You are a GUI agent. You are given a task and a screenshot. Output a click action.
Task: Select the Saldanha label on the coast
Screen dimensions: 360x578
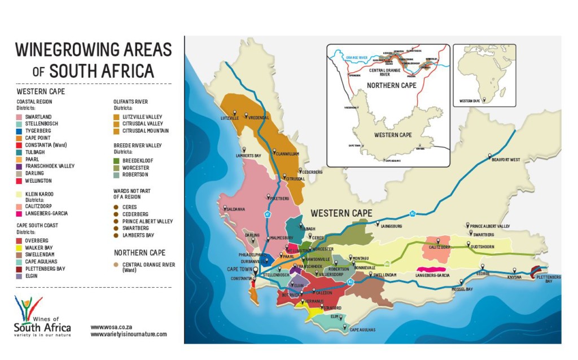point(235,209)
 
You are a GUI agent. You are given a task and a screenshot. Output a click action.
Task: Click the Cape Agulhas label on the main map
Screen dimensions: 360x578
point(362,330)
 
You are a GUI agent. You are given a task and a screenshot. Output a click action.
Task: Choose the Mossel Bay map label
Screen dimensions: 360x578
point(463,289)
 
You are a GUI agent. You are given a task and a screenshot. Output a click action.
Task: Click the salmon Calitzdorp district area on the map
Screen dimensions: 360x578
point(443,249)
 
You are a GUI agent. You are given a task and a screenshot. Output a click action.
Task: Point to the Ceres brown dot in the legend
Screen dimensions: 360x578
point(117,207)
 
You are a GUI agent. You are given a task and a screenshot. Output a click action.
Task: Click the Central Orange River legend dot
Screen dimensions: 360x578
point(117,265)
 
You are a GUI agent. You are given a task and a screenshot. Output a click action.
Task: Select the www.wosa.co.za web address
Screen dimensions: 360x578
point(111,327)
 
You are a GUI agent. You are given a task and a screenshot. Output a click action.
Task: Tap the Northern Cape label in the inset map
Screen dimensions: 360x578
point(391,86)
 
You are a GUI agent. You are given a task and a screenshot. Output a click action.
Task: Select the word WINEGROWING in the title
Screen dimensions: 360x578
point(67,50)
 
